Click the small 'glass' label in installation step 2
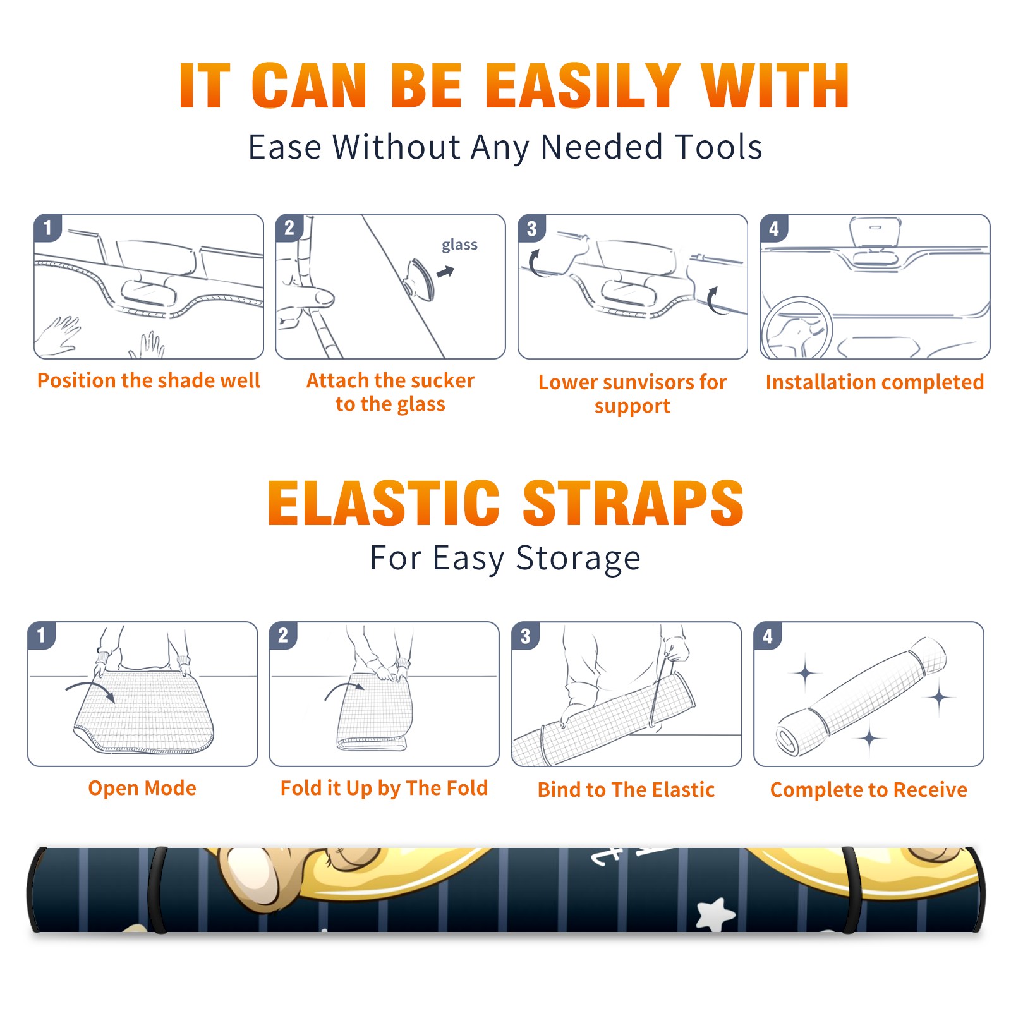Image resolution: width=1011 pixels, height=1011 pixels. (459, 245)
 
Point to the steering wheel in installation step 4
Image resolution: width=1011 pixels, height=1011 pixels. (797, 328)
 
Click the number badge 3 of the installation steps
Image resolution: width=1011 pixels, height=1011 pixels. (532, 228)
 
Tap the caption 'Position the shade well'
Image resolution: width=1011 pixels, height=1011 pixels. (148, 380)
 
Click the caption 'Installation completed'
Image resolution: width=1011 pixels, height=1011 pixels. (875, 382)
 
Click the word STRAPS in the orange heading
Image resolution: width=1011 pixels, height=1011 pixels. (633, 503)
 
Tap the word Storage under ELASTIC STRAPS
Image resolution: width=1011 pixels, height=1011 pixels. (578, 559)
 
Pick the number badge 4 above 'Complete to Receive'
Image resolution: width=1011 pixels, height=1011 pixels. (768, 636)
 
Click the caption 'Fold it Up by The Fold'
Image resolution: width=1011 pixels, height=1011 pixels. (384, 789)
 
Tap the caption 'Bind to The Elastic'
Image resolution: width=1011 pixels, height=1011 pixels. (626, 790)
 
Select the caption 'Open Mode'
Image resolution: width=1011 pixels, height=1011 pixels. (142, 789)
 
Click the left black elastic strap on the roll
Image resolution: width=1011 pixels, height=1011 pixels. (157, 890)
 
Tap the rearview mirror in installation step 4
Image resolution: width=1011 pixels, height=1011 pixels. (875, 233)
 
